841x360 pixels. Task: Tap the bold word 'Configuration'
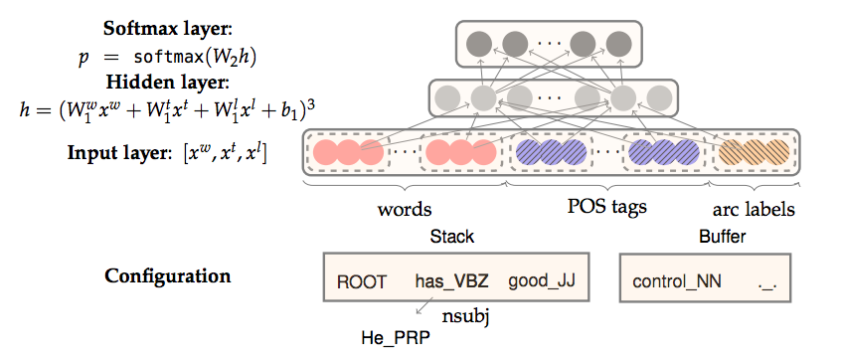(x=168, y=275)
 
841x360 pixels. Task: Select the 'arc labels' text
(x=755, y=211)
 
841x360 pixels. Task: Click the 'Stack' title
(x=451, y=237)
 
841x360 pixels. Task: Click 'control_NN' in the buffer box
(x=673, y=281)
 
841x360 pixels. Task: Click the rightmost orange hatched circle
(x=777, y=153)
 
